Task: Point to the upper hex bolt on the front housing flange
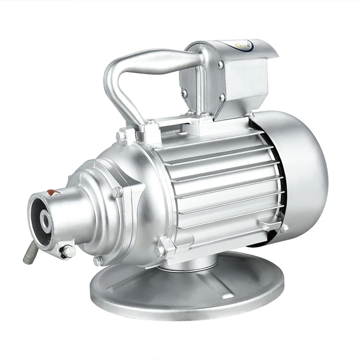pyautogui.click(x=117, y=192)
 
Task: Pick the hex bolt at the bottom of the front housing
pyautogui.click(x=98, y=261)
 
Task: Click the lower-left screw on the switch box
pyautogui.click(x=184, y=93)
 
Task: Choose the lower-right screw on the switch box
pyautogui.click(x=222, y=97)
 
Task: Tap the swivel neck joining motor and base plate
pyautogui.click(x=192, y=262)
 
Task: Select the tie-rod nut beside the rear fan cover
pyautogui.click(x=283, y=229)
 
